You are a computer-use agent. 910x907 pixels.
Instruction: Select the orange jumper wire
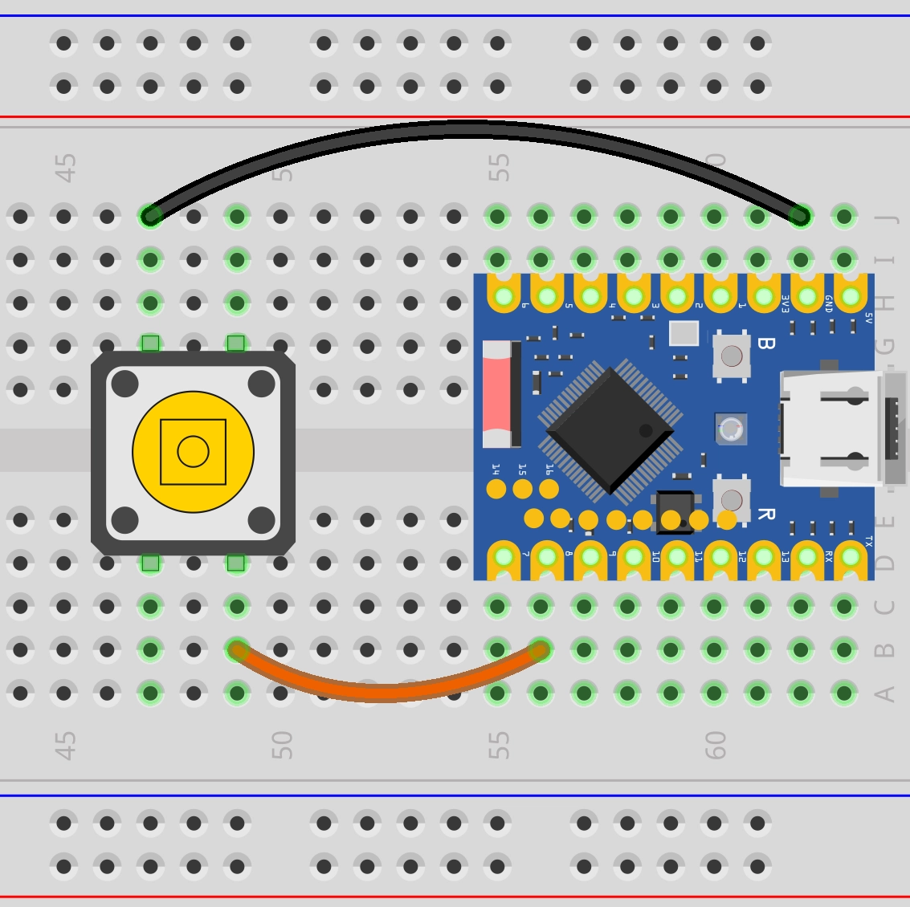(386, 692)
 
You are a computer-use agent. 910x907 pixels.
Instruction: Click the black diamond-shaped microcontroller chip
(610, 430)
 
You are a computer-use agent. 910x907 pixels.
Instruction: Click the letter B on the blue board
(765, 344)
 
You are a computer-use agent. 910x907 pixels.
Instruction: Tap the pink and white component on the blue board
(498, 393)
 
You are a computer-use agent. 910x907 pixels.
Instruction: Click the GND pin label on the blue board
(828, 303)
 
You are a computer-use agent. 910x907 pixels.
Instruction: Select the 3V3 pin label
(786, 303)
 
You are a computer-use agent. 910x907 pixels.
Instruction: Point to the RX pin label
(828, 554)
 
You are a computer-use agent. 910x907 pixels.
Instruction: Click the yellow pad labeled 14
(496, 488)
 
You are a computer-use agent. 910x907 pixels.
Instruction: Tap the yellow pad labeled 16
(549, 488)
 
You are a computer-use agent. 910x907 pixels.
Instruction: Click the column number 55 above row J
(499, 168)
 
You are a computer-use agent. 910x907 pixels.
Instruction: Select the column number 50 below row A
(281, 745)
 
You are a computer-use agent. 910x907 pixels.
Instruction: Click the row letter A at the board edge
(884, 693)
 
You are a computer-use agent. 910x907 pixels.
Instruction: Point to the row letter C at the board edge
(884, 607)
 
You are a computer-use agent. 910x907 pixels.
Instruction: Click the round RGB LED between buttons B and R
(731, 430)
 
